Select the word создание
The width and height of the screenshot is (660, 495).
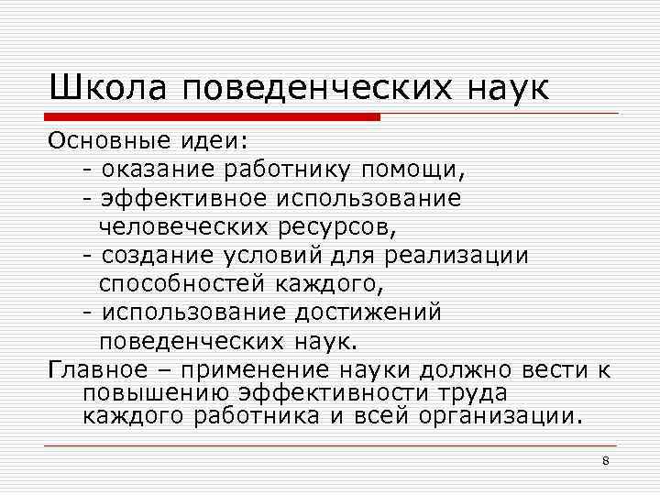click(150, 256)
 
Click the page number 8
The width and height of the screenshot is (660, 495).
click(605, 460)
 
